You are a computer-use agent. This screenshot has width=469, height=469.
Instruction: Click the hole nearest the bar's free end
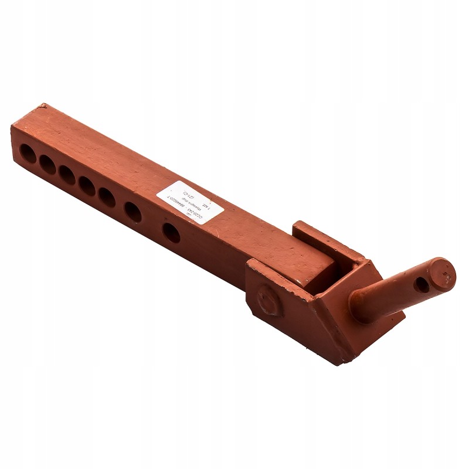pos(28,154)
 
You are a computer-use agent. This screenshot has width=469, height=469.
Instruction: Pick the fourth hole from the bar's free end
pos(87,186)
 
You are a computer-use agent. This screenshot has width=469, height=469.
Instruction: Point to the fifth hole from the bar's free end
pos(107,198)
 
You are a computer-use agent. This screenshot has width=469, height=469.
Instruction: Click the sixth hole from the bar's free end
pos(133,212)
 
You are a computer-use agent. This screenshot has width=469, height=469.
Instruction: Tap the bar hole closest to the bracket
pos(171,232)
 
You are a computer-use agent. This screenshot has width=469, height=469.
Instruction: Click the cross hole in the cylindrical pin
pos(422,285)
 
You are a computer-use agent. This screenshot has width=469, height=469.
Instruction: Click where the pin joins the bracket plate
pos(365,305)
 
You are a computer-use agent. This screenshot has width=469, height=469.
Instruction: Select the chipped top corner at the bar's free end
pos(42,107)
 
